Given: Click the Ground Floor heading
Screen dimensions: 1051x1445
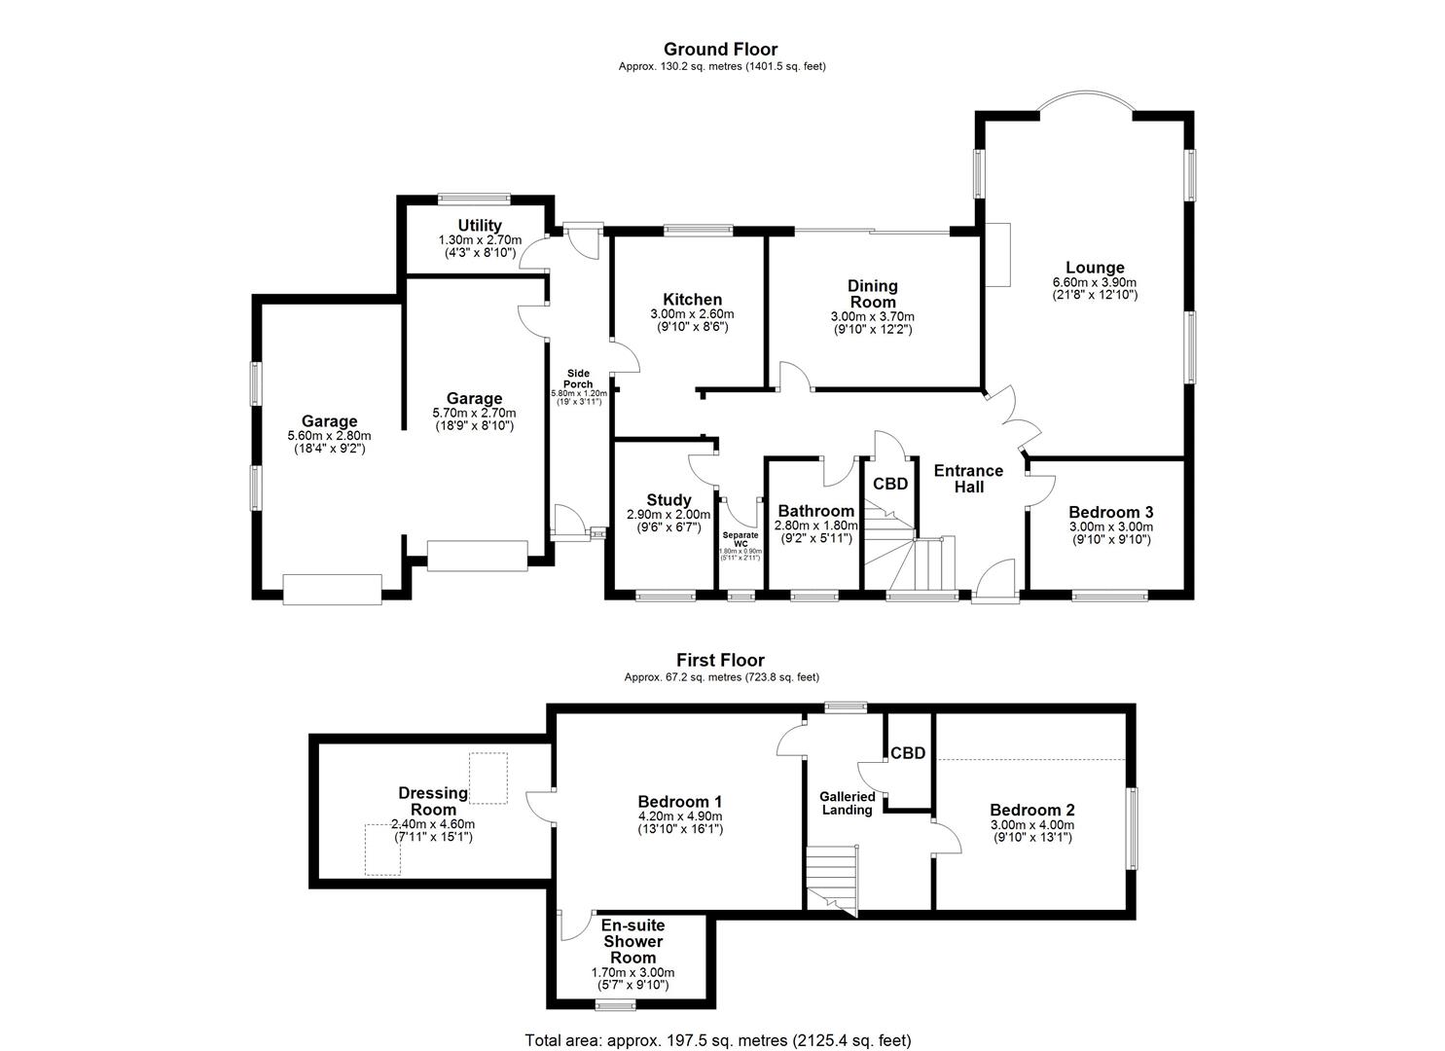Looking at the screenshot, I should point(720,49).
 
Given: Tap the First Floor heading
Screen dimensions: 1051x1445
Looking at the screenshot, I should point(720,660).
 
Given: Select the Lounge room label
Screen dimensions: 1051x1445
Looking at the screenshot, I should point(1095,268).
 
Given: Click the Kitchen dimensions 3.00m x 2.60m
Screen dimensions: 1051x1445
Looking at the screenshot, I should point(692,314).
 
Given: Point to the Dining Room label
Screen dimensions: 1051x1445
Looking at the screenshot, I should point(872,294).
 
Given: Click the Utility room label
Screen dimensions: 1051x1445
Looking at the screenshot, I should point(480,227).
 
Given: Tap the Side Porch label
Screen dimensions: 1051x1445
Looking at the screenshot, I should point(578,379).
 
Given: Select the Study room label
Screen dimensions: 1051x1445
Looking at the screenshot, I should point(668,500).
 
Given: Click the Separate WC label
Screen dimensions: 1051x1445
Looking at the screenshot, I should point(741,539).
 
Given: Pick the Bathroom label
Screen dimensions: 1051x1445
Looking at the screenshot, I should point(815,511).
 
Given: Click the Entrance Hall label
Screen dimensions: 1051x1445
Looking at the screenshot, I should point(968,479).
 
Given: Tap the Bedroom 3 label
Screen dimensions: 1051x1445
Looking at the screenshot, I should point(1110,512).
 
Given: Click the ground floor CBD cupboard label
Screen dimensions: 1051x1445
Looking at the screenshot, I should point(889,484).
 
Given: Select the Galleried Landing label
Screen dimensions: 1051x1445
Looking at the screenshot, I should point(848,803).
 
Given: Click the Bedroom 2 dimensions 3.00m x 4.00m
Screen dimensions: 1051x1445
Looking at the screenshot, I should point(1031,823).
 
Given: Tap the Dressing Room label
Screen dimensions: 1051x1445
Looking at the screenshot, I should point(433,801).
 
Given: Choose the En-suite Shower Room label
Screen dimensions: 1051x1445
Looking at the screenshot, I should point(632,941).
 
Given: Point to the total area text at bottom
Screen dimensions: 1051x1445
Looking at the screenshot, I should point(718,1039).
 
